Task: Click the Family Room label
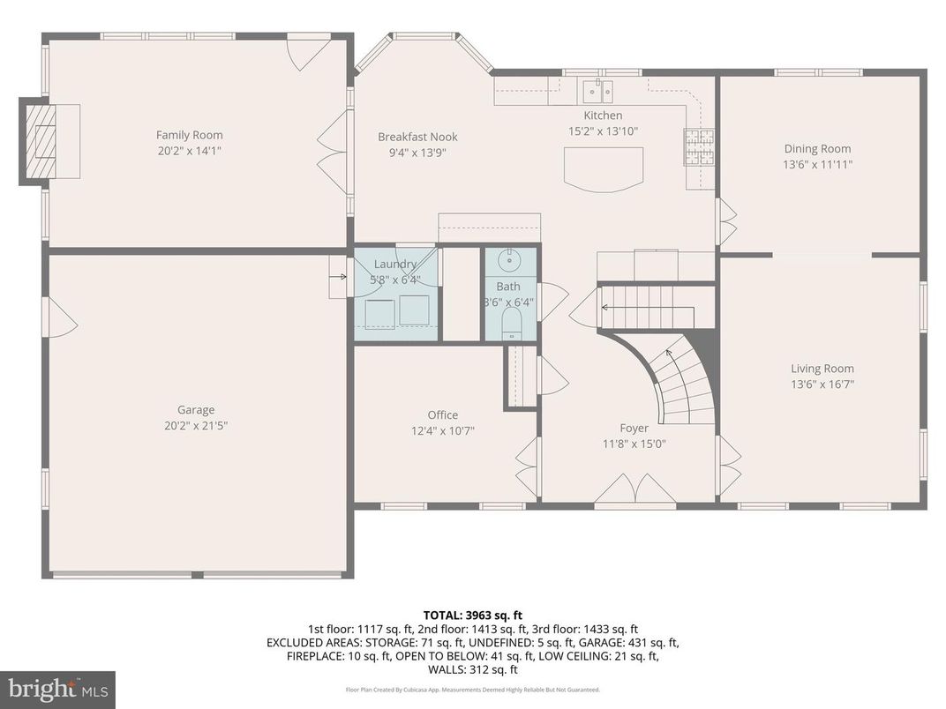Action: [x=189, y=135]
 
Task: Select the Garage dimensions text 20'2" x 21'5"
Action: [x=195, y=425]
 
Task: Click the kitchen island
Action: [x=603, y=168]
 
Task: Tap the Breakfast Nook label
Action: [x=417, y=137]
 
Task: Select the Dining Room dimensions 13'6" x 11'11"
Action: [x=817, y=164]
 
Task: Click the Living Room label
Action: [x=822, y=369]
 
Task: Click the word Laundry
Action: [x=394, y=265]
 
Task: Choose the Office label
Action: [x=442, y=414]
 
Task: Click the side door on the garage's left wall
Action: [x=59, y=317]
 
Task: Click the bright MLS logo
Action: [x=57, y=689]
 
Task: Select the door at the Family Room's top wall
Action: [x=308, y=51]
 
